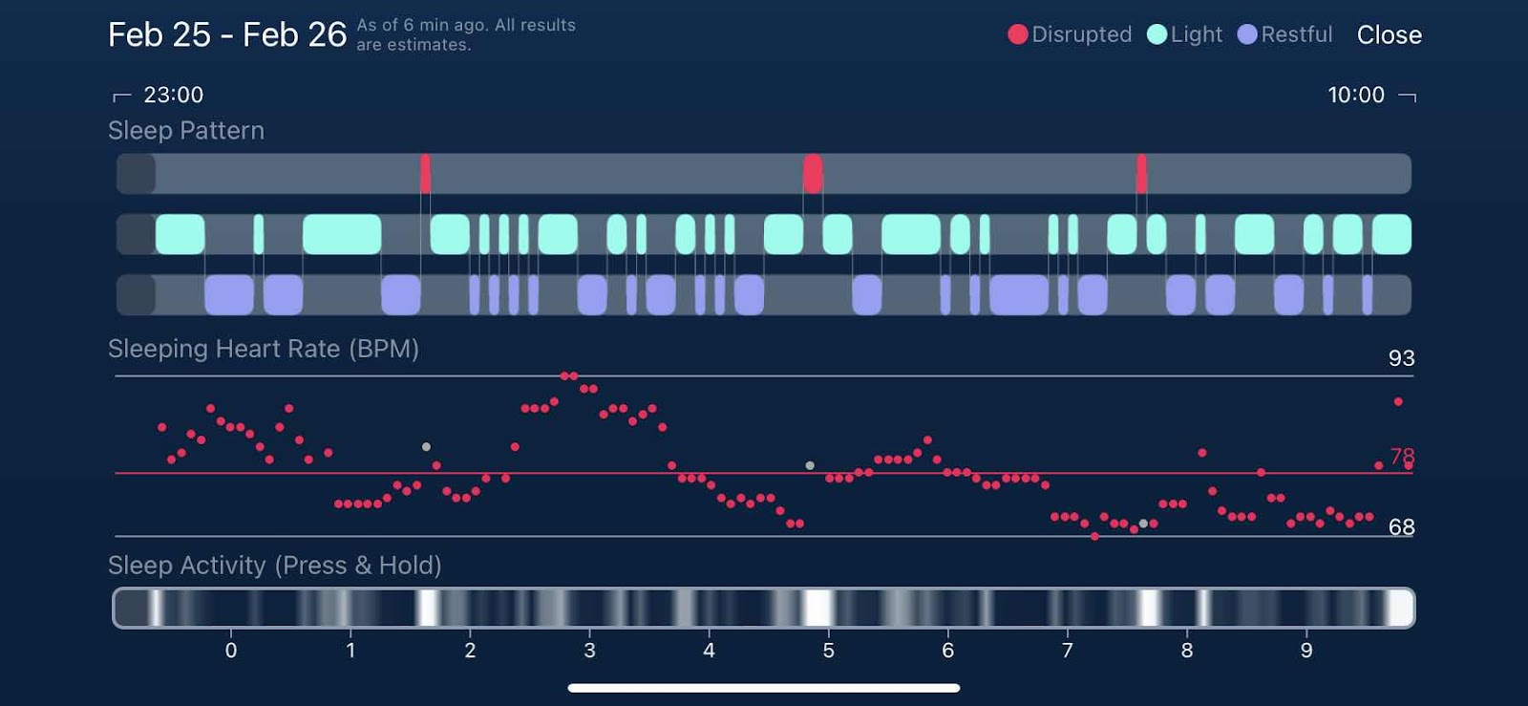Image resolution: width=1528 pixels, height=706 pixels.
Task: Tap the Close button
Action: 1389,35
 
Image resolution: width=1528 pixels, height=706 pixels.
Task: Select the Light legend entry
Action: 1185,35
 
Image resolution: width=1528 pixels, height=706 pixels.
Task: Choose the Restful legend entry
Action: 1285,35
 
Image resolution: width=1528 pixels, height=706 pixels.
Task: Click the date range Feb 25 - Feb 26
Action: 226,35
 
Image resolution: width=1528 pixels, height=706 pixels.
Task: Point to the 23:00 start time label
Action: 173,95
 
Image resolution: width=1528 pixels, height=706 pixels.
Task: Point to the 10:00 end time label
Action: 1355,95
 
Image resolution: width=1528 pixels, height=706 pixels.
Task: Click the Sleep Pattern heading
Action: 186,131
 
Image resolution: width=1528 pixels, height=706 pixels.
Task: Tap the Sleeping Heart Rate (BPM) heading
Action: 263,349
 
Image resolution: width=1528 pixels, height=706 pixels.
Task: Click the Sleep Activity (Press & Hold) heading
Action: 274,566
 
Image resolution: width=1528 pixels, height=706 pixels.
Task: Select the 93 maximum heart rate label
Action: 1401,358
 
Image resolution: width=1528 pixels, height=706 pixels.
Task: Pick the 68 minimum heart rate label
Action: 1401,527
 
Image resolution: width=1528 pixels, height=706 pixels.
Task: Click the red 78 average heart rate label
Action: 1402,457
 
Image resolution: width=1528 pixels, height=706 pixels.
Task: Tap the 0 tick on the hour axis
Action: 231,651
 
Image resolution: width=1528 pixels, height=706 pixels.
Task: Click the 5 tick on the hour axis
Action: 828,651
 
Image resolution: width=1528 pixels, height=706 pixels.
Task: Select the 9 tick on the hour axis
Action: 1305,651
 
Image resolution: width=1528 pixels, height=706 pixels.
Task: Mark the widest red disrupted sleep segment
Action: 813,174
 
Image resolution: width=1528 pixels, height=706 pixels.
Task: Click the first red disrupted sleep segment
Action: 425,174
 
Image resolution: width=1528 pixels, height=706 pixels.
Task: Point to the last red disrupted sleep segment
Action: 1141,174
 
